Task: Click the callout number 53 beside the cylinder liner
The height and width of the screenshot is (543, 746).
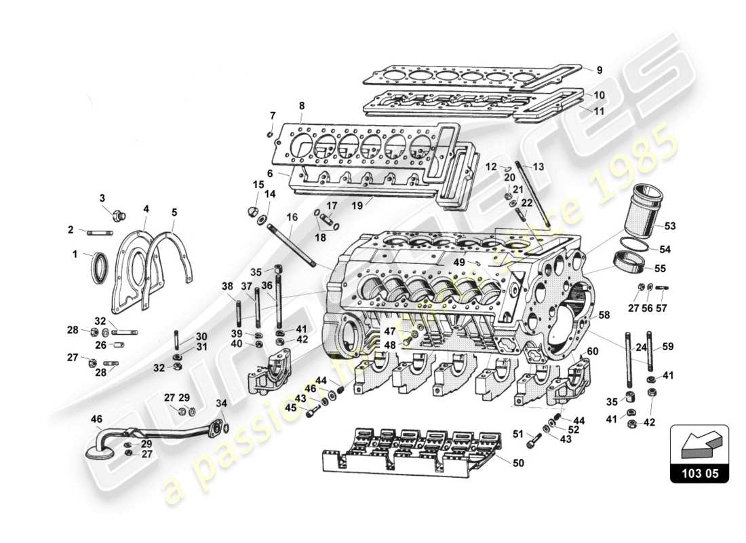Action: (669, 225)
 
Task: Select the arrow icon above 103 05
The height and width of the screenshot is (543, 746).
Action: (699, 445)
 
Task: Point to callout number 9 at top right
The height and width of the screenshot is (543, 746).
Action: (599, 69)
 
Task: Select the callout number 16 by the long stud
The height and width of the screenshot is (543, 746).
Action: (292, 217)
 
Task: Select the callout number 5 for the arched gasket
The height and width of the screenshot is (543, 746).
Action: (174, 212)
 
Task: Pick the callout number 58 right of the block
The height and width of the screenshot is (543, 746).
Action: (604, 315)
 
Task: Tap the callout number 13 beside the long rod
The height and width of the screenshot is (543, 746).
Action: (538, 166)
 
